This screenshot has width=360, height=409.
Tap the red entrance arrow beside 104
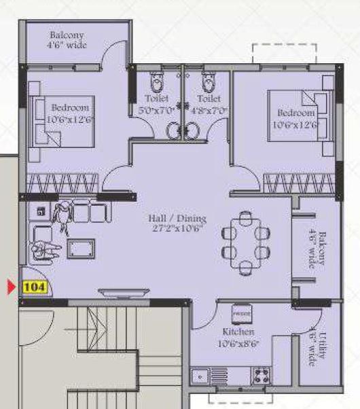click(x=11, y=287)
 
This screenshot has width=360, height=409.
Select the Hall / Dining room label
click(x=177, y=224)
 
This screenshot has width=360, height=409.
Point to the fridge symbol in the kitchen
click(x=242, y=315)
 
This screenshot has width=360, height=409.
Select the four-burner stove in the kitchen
click(x=261, y=374)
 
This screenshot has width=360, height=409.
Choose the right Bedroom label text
click(x=295, y=118)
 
